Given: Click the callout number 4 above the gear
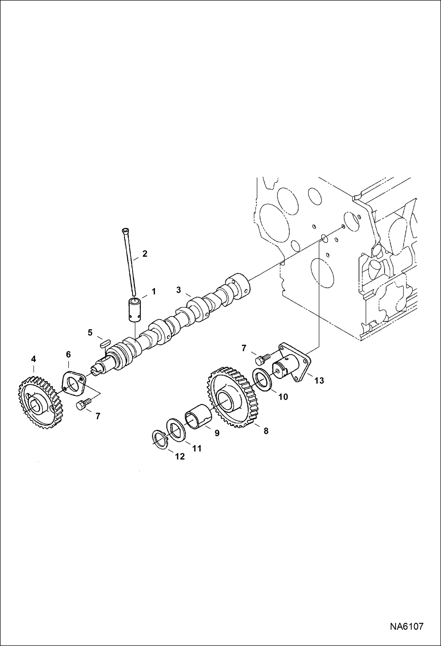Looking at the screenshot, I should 33,359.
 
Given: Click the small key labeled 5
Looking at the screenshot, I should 105,342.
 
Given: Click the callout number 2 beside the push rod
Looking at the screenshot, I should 145,254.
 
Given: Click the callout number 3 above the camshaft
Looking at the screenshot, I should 178,290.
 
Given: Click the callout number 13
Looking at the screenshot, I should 319,381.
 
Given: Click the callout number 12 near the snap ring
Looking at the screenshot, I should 180,456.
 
